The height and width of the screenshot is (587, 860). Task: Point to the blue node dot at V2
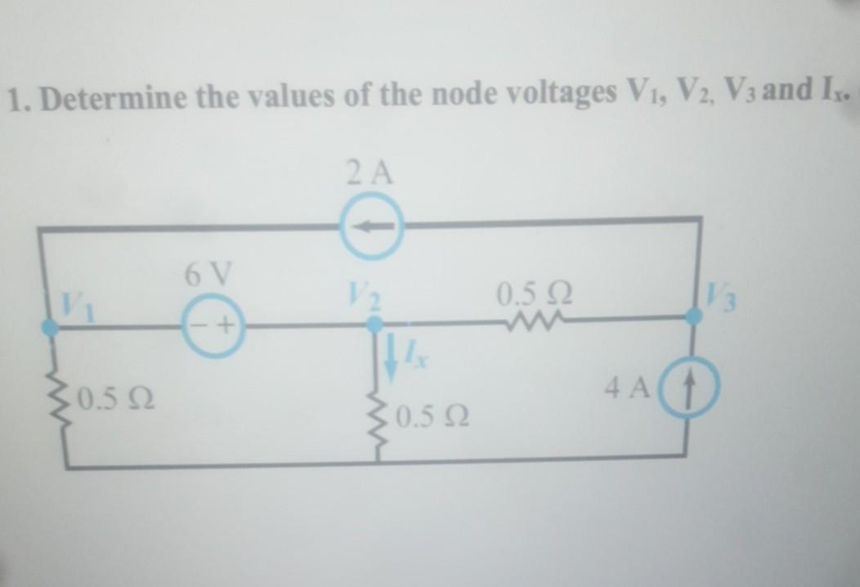[374, 325]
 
